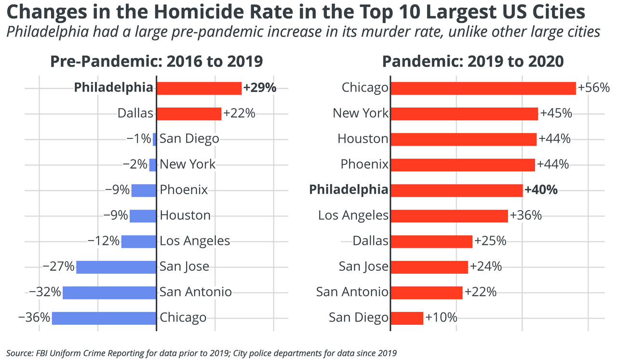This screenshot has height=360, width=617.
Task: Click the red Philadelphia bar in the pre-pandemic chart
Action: point(199,88)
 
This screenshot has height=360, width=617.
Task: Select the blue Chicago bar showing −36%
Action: point(104,318)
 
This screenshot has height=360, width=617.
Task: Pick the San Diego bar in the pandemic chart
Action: point(406,318)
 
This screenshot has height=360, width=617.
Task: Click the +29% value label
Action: point(260,88)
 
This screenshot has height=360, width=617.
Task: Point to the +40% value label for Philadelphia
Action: point(541,190)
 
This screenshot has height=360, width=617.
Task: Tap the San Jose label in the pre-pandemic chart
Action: point(184,267)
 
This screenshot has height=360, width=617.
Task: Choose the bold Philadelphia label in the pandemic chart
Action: point(349,190)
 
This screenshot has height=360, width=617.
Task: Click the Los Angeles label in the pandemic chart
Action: point(353,215)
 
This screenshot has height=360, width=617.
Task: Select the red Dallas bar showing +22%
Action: point(188,114)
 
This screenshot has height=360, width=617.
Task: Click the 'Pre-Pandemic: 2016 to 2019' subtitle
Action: point(157,62)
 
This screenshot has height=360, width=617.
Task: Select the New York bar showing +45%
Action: point(464,114)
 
